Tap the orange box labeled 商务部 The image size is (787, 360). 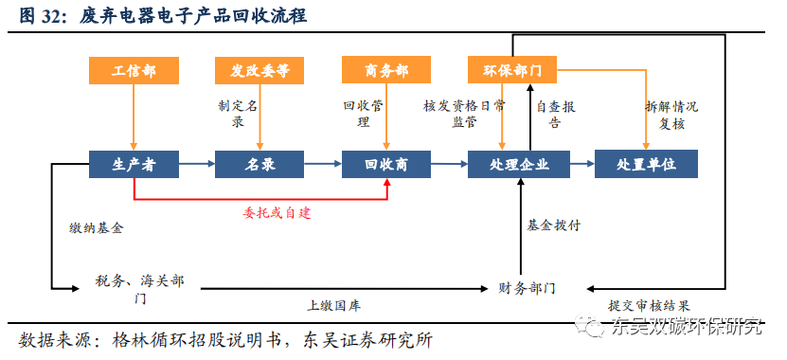tap(386, 70)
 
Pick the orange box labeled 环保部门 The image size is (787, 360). tap(512, 70)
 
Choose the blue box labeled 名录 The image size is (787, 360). tap(259, 164)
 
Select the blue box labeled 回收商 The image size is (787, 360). tap(386, 164)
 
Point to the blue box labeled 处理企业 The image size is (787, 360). tap(519, 164)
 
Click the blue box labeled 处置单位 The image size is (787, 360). tap(646, 164)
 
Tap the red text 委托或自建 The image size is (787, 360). tap(276, 212)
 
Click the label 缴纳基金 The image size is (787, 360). tap(96, 228)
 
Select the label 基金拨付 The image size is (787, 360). tap(554, 225)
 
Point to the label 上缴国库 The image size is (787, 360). tap(333, 306)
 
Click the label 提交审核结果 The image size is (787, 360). tap(649, 306)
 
